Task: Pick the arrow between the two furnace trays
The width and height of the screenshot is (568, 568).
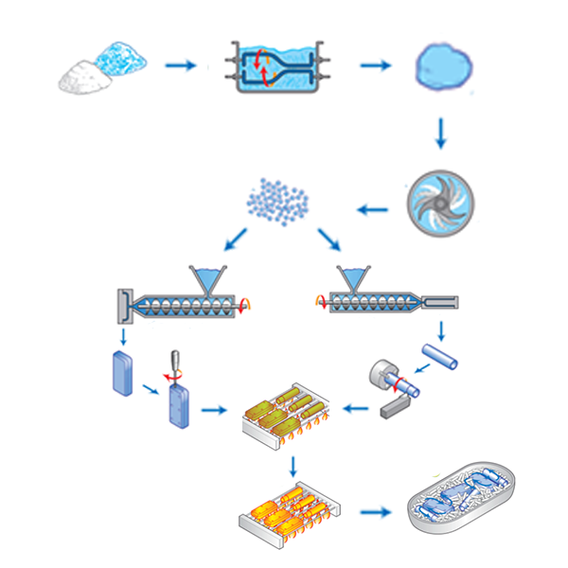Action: click(x=295, y=466)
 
